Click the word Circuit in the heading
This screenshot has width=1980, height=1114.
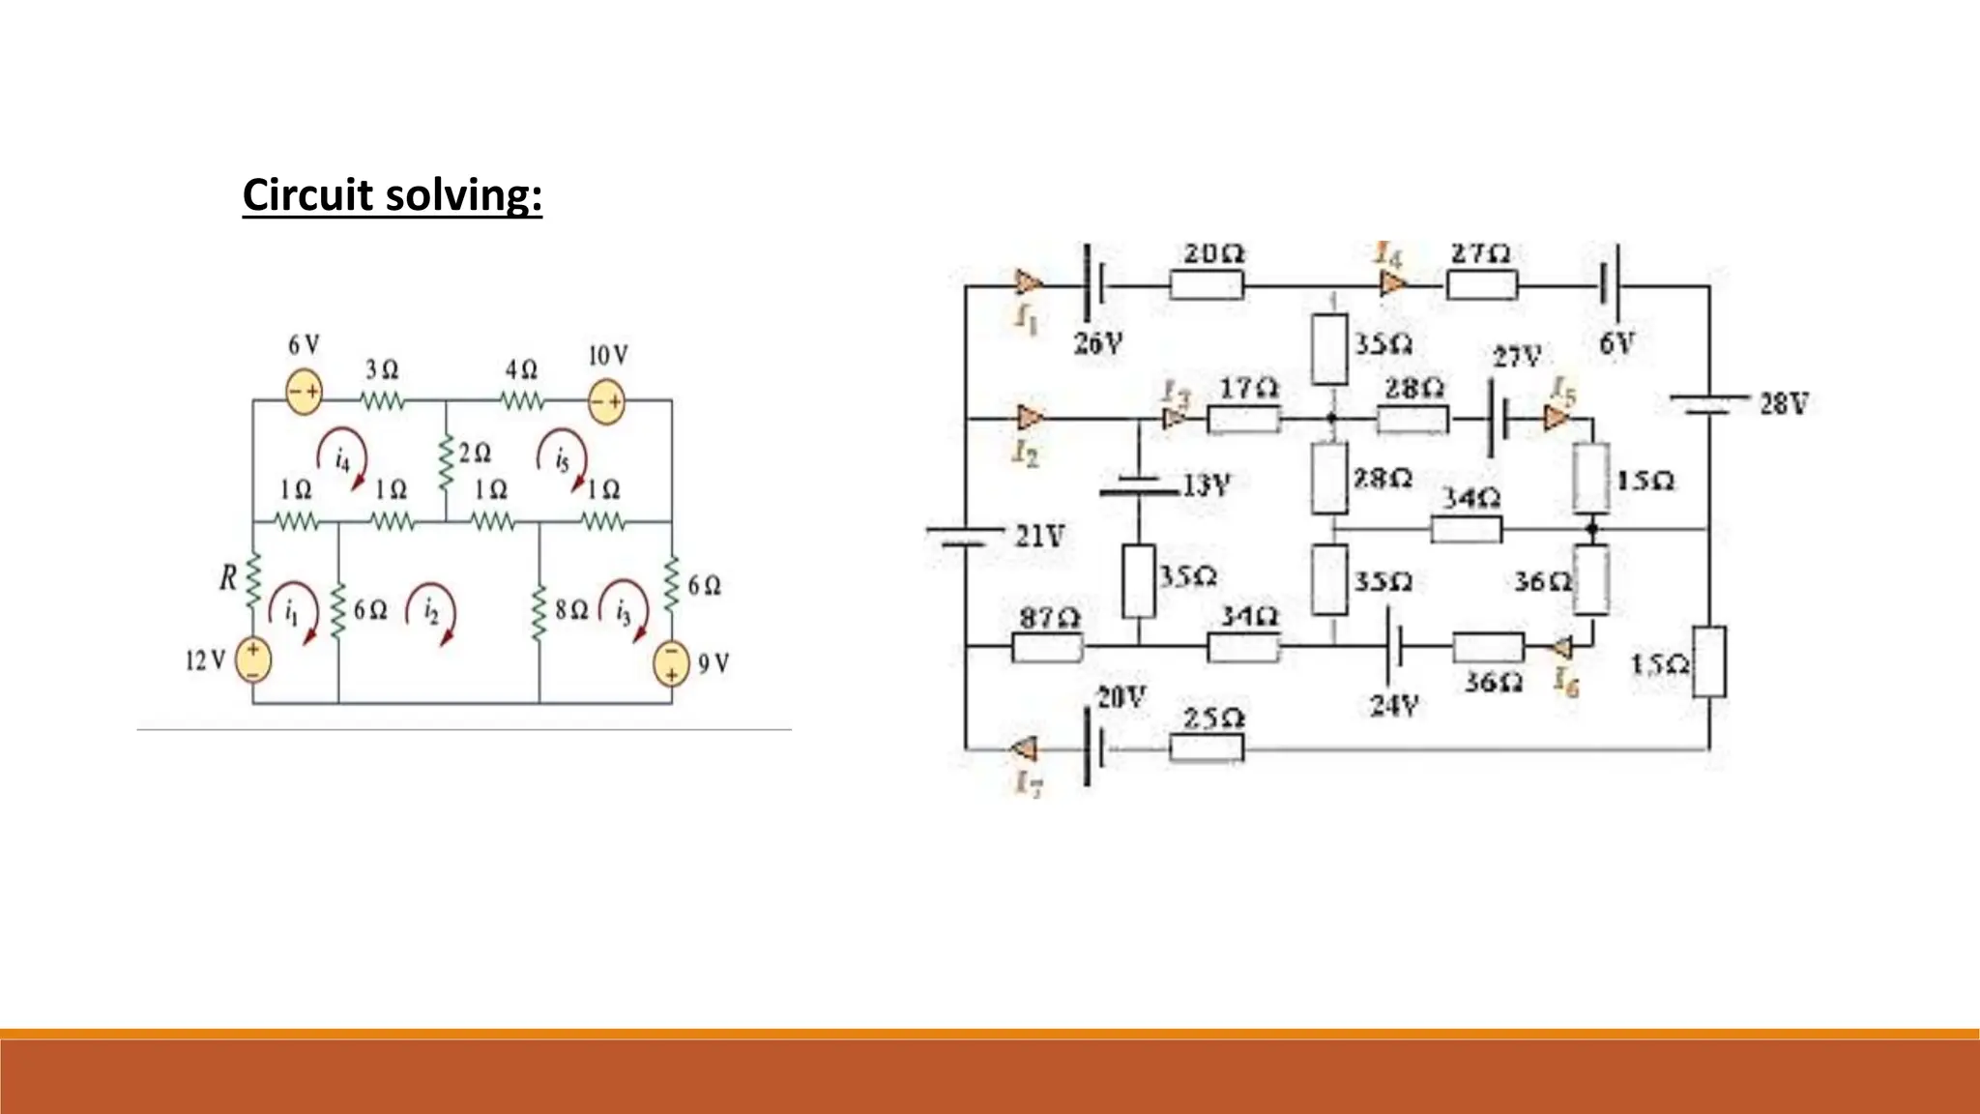[307, 194]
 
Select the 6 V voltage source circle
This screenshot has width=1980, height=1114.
[304, 392]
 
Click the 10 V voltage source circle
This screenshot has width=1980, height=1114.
[606, 400]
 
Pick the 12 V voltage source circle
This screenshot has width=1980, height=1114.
[253, 660]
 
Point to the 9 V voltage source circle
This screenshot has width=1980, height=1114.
[670, 663]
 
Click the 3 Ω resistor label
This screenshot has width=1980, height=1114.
[382, 369]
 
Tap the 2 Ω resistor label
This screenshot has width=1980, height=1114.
[475, 453]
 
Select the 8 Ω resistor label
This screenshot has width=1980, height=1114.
[570, 610]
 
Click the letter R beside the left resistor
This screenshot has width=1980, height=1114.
[228, 578]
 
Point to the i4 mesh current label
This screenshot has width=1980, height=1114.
[342, 458]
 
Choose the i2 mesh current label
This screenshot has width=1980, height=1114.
[431, 611]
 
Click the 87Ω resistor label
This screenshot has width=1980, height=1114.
[1049, 616]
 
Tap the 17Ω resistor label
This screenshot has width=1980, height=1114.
[1248, 388]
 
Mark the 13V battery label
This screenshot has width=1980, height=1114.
[1207, 484]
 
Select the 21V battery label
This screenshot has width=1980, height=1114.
[1040, 535]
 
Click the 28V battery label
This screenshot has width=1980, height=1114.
[1783, 403]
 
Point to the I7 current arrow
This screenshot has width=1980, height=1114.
[1024, 748]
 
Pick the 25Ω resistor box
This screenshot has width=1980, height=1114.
[1206, 748]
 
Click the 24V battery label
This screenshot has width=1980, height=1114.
[1393, 705]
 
